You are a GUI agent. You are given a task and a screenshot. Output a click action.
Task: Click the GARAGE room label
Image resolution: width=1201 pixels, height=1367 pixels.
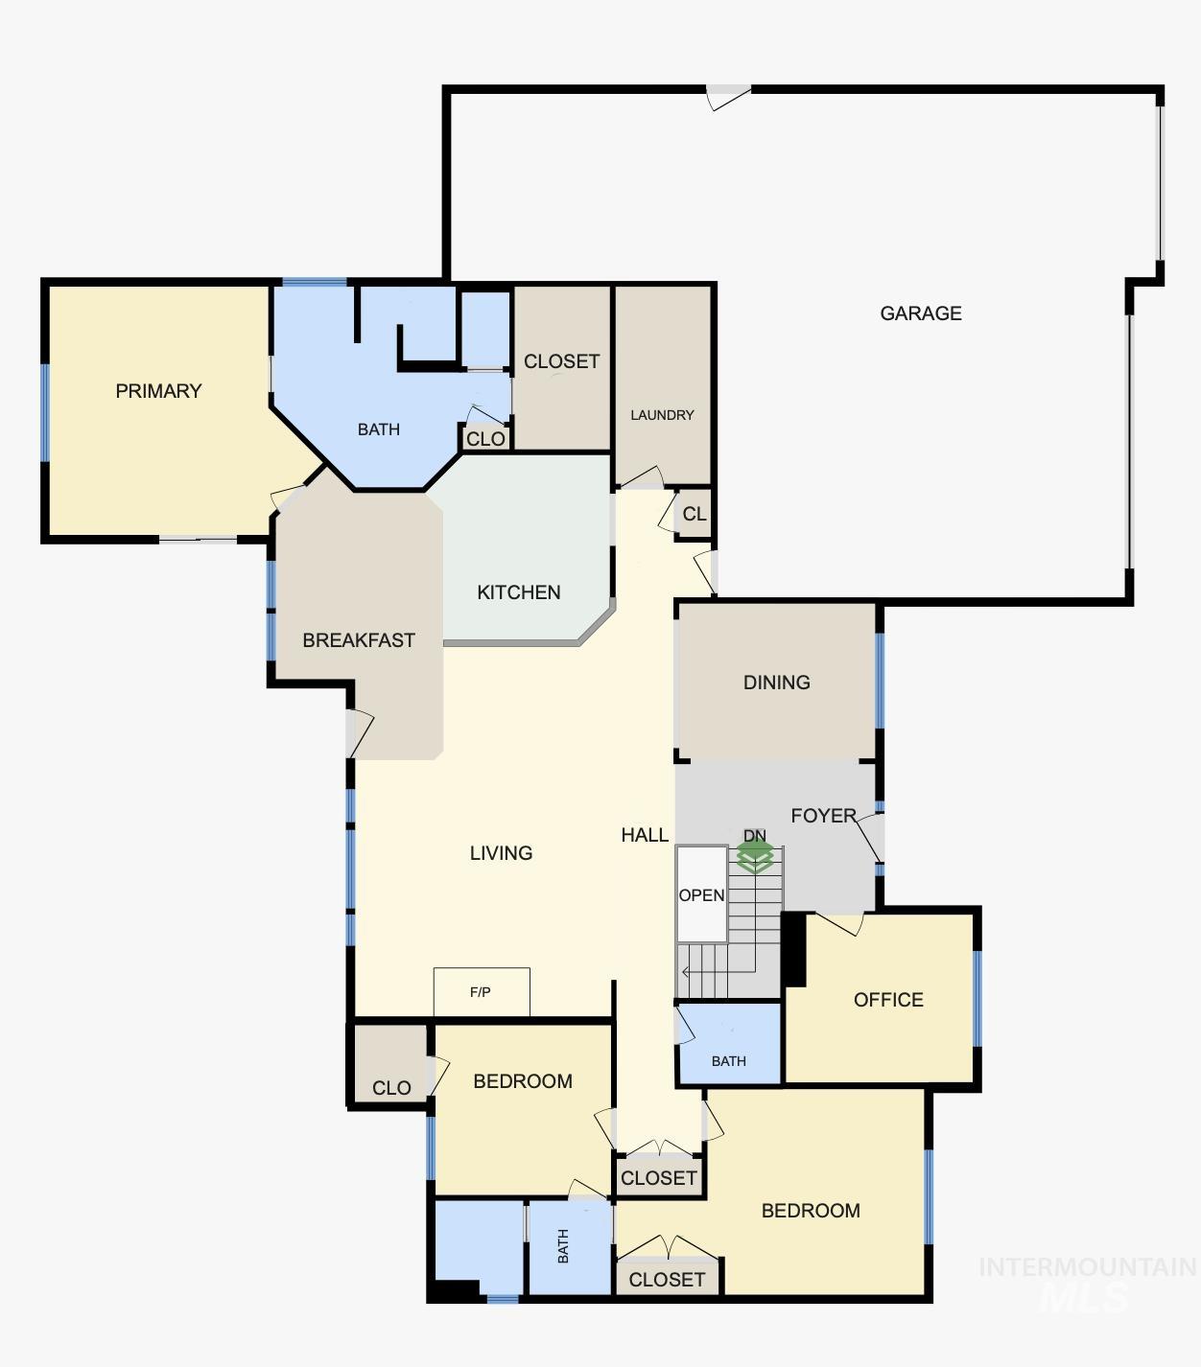pyautogui.click(x=920, y=313)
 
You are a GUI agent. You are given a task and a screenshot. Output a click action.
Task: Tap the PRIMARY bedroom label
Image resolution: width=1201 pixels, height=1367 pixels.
pyautogui.click(x=158, y=391)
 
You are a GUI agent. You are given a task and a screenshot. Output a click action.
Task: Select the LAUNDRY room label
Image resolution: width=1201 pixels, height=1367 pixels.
pyautogui.click(x=662, y=415)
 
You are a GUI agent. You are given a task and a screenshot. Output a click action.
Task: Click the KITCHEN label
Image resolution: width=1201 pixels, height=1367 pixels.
pyautogui.click(x=518, y=592)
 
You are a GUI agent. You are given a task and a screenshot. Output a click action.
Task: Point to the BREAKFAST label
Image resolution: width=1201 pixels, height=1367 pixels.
pyautogui.click(x=358, y=640)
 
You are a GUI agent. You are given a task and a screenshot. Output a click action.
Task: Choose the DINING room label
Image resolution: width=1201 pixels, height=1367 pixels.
pyautogui.click(x=776, y=683)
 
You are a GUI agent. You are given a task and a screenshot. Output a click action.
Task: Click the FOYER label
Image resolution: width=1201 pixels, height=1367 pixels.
pyautogui.click(x=822, y=816)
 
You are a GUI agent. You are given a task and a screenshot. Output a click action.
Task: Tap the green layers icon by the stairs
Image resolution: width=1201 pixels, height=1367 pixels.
pyautogui.click(x=755, y=856)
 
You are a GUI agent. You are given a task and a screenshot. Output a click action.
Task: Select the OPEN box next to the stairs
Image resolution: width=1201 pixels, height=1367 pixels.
pyautogui.click(x=701, y=894)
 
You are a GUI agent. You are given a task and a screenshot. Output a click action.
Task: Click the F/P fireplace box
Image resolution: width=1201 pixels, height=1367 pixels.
pyautogui.click(x=482, y=992)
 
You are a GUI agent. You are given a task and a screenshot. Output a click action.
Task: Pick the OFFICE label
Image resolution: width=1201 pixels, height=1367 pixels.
pyautogui.click(x=888, y=1000)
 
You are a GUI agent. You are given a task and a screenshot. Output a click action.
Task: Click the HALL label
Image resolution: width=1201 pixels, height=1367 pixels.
pyautogui.click(x=645, y=835)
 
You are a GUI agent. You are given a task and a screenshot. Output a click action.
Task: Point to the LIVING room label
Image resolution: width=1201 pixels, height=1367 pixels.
pyautogui.click(x=501, y=853)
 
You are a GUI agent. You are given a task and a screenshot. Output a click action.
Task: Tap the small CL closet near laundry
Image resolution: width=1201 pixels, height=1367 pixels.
pyautogui.click(x=695, y=515)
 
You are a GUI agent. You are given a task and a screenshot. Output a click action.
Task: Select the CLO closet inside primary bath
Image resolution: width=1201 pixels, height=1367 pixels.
pyautogui.click(x=485, y=439)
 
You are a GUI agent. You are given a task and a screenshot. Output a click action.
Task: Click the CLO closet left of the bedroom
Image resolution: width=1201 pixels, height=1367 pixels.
pyautogui.click(x=390, y=1087)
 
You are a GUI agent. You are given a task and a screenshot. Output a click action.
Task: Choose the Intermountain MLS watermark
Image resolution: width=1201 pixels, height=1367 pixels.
pyautogui.click(x=1087, y=1283)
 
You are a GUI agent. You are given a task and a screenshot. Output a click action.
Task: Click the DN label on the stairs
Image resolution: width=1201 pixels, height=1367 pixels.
pyautogui.click(x=755, y=836)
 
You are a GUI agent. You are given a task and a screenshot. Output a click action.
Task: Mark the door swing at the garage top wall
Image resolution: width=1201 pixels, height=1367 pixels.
pyautogui.click(x=727, y=96)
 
